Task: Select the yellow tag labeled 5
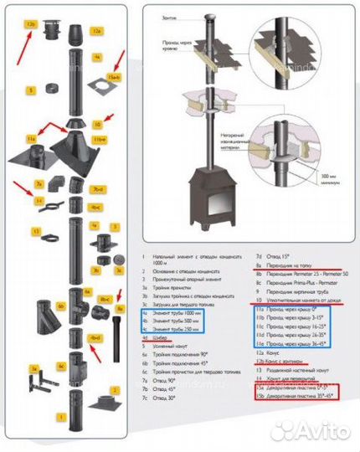pyautogui.click(x=31, y=89)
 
